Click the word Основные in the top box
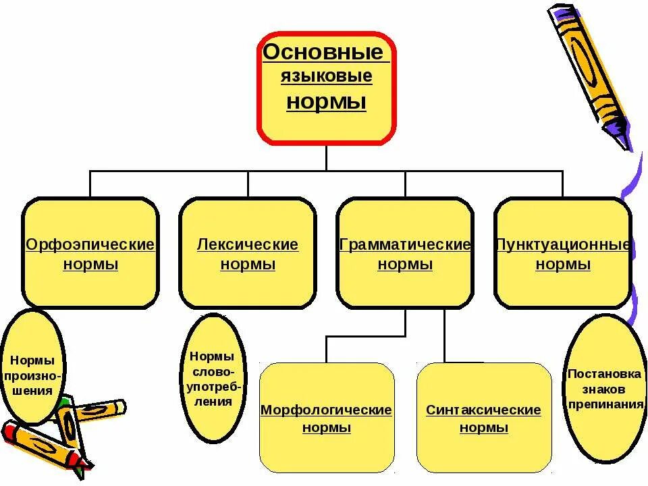tap(323, 52)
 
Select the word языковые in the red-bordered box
tap(327, 76)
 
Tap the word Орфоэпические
tap(90, 244)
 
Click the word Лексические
tap(247, 244)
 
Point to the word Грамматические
tap(405, 244)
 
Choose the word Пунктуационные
tap(563, 244)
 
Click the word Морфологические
tap(326, 410)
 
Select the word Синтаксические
tap(483, 410)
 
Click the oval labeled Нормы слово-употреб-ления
tap(212, 378)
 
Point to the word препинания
tap(605, 405)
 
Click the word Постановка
tap(605, 373)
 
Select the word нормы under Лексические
tap(248, 265)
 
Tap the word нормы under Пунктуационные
tap(563, 265)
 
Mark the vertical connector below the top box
tap(326, 157)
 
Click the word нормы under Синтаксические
tap(484, 428)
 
